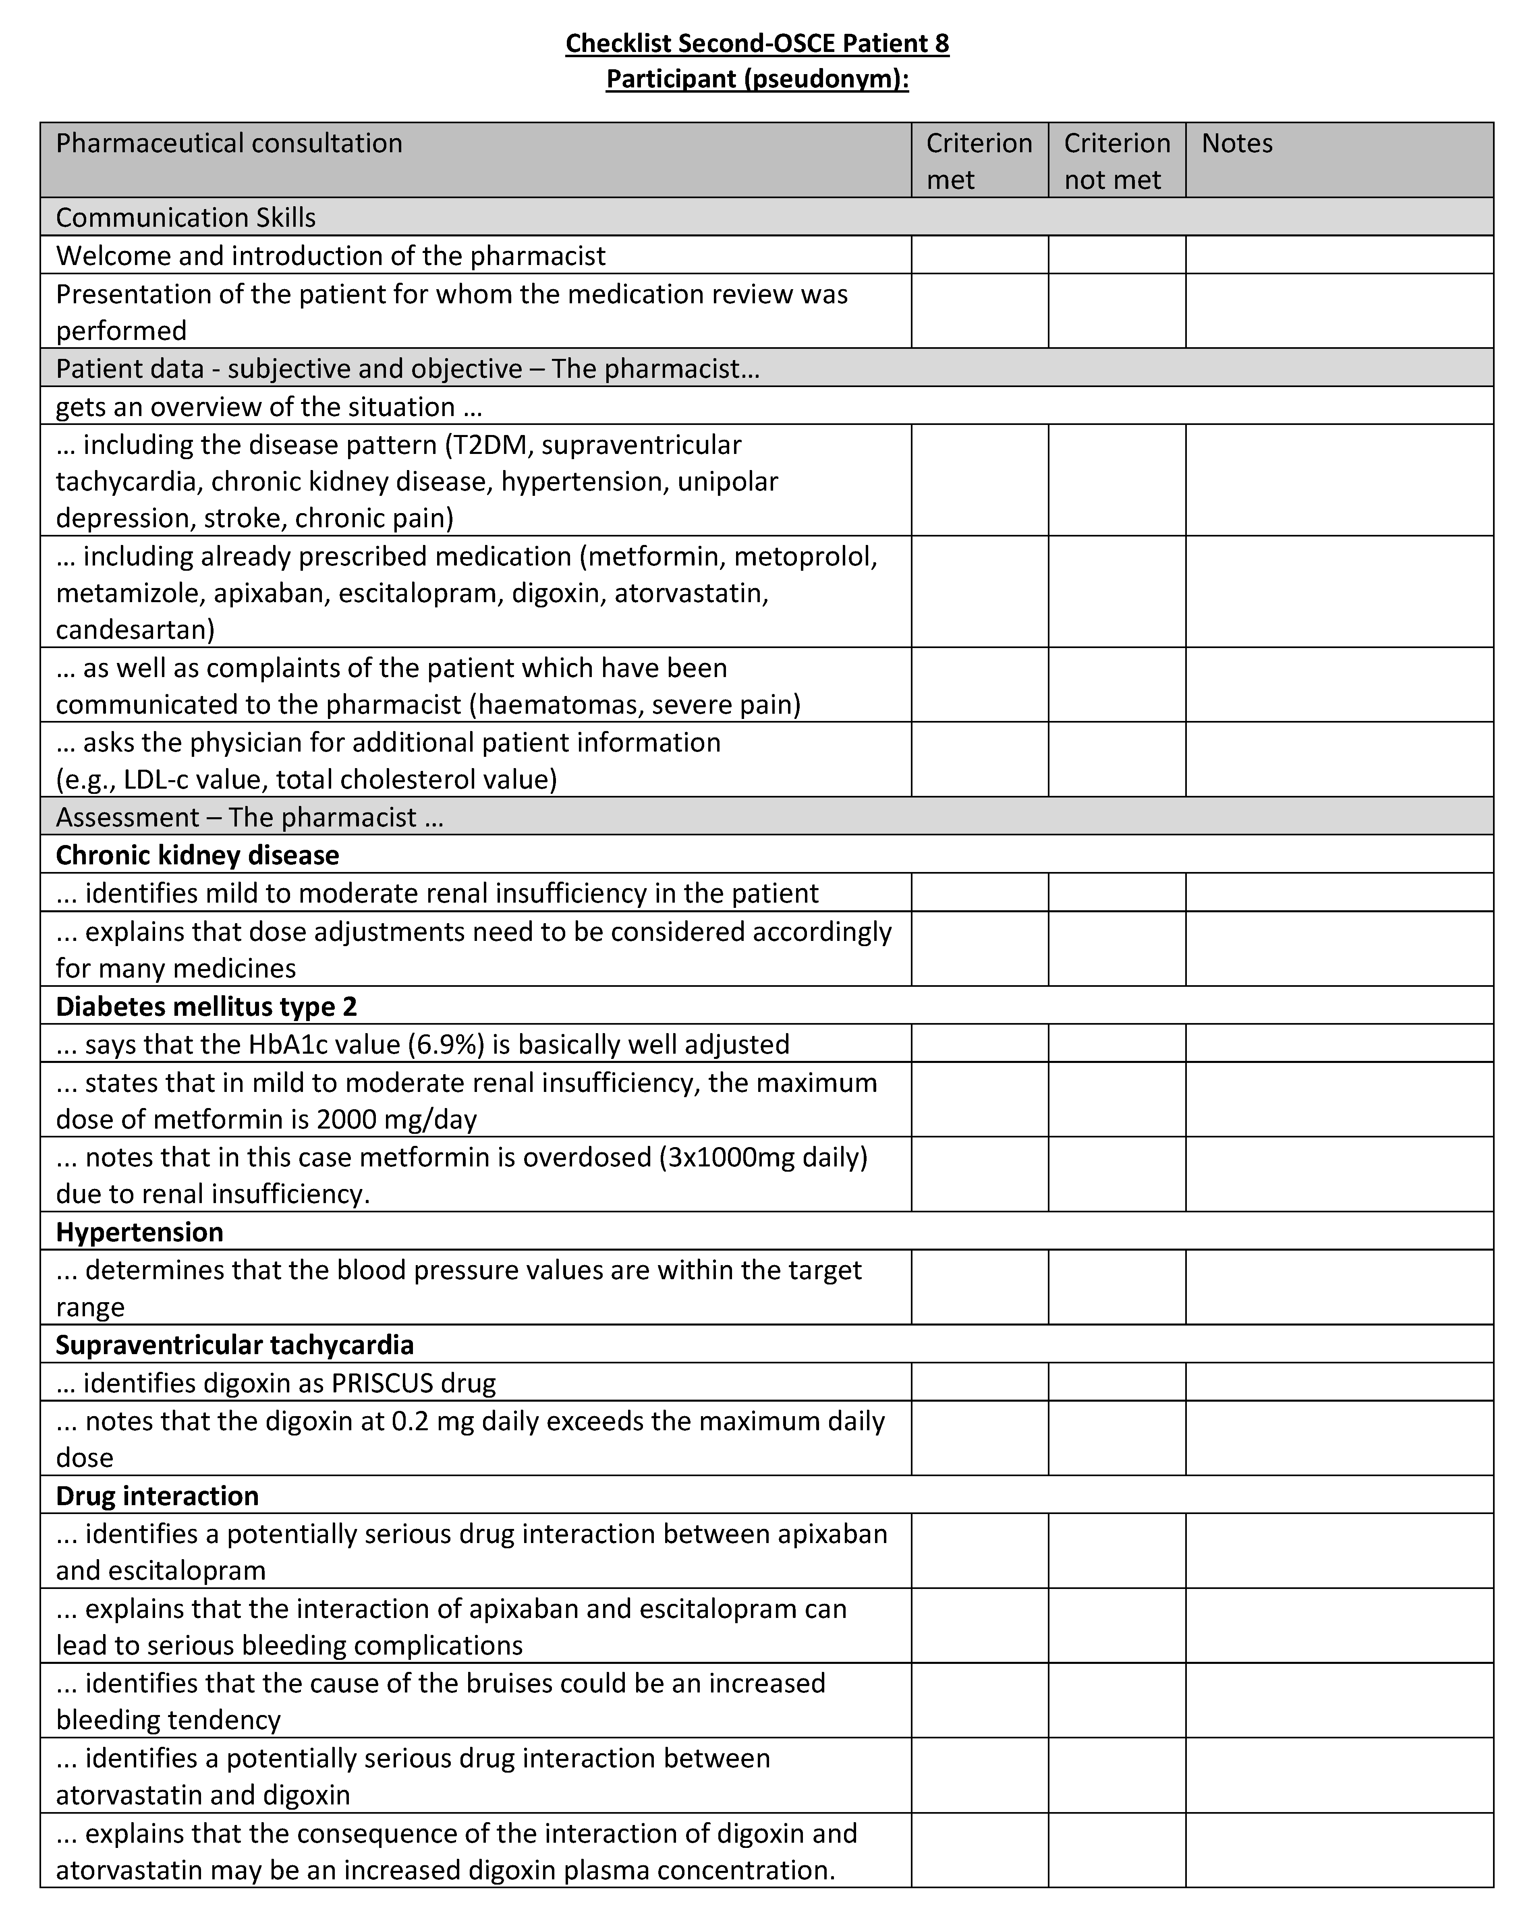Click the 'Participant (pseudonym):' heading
pyautogui.click(x=757, y=79)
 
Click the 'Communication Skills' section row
pyautogui.click(x=186, y=218)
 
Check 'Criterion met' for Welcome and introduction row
pyautogui.click(x=979, y=255)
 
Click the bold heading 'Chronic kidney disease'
pyautogui.click(x=197, y=855)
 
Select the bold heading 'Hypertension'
pyautogui.click(x=139, y=1232)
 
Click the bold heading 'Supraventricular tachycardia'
pyautogui.click(x=234, y=1344)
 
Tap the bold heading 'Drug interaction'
pyautogui.click(x=157, y=1496)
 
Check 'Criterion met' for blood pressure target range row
pyautogui.click(x=979, y=1288)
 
